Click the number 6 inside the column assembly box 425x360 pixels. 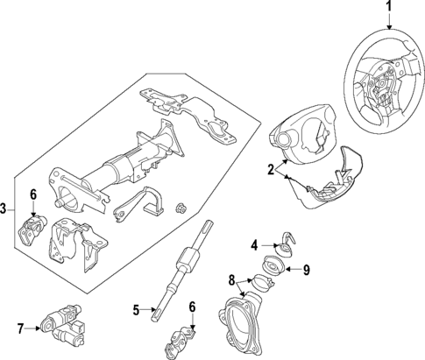[33, 194]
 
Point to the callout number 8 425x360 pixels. [231, 280]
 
